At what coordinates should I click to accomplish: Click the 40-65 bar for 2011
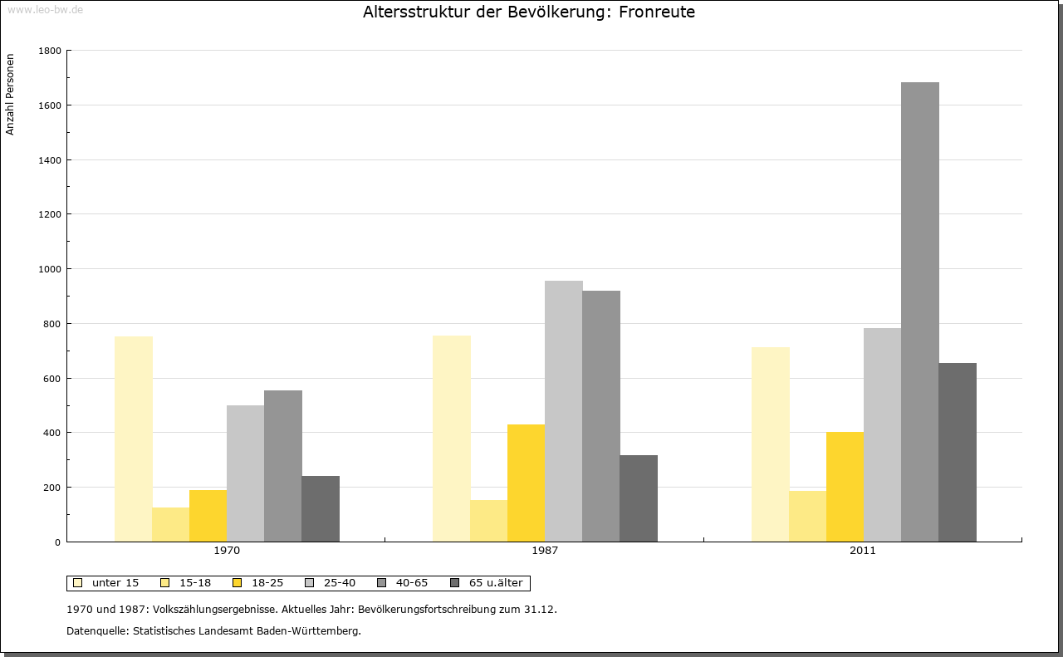click(920, 312)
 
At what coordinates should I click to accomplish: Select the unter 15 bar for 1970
click(134, 439)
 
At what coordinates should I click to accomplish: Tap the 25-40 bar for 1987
click(564, 411)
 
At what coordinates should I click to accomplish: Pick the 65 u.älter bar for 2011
click(958, 453)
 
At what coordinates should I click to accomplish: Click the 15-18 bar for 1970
click(171, 525)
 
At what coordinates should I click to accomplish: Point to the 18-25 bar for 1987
click(527, 483)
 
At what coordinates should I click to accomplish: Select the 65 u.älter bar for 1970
click(321, 509)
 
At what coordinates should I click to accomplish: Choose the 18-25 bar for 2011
click(845, 487)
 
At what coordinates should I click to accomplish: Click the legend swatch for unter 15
click(77, 583)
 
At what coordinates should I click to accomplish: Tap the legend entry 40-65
click(411, 583)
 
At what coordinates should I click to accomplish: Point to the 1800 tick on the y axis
click(66, 51)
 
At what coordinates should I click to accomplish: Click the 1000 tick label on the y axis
click(50, 269)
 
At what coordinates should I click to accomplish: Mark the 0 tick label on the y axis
click(57, 542)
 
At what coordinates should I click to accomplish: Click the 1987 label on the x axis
click(545, 551)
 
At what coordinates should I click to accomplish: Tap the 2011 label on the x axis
click(863, 551)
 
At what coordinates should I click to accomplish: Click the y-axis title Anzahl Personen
click(11, 95)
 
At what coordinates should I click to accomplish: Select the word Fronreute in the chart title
click(657, 12)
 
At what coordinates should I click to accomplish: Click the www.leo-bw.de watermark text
click(45, 8)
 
